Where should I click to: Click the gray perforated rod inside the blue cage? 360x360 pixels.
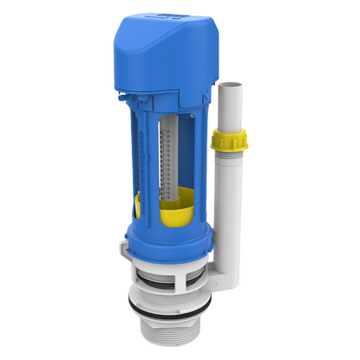point(172,165)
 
